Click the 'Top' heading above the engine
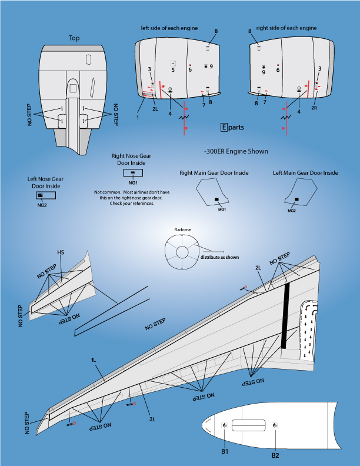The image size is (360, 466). tap(74, 38)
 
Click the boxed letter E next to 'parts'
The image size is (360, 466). tap(224, 127)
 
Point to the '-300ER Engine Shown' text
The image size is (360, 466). tap(235, 151)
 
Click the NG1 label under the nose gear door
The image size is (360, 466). tap(132, 183)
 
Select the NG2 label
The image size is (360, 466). tap(42, 205)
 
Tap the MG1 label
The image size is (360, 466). tap(222, 209)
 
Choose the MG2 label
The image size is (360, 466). tap(291, 210)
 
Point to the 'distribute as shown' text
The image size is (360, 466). tap(219, 258)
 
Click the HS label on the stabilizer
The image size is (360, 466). tap(61, 252)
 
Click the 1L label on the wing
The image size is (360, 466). tap(94, 360)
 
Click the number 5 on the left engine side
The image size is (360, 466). tap(173, 70)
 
